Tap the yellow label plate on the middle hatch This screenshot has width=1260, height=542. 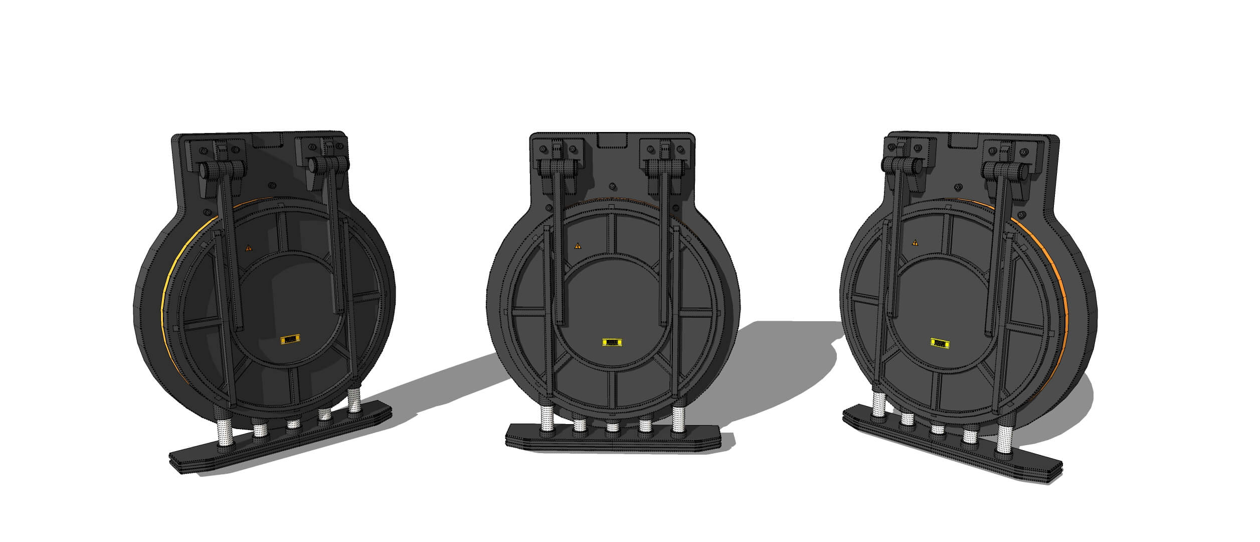[x=612, y=342]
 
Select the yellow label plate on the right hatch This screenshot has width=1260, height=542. [x=940, y=343]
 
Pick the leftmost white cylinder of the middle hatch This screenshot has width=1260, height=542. [x=547, y=421]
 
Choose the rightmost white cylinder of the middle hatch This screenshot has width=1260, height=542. [x=678, y=420]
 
